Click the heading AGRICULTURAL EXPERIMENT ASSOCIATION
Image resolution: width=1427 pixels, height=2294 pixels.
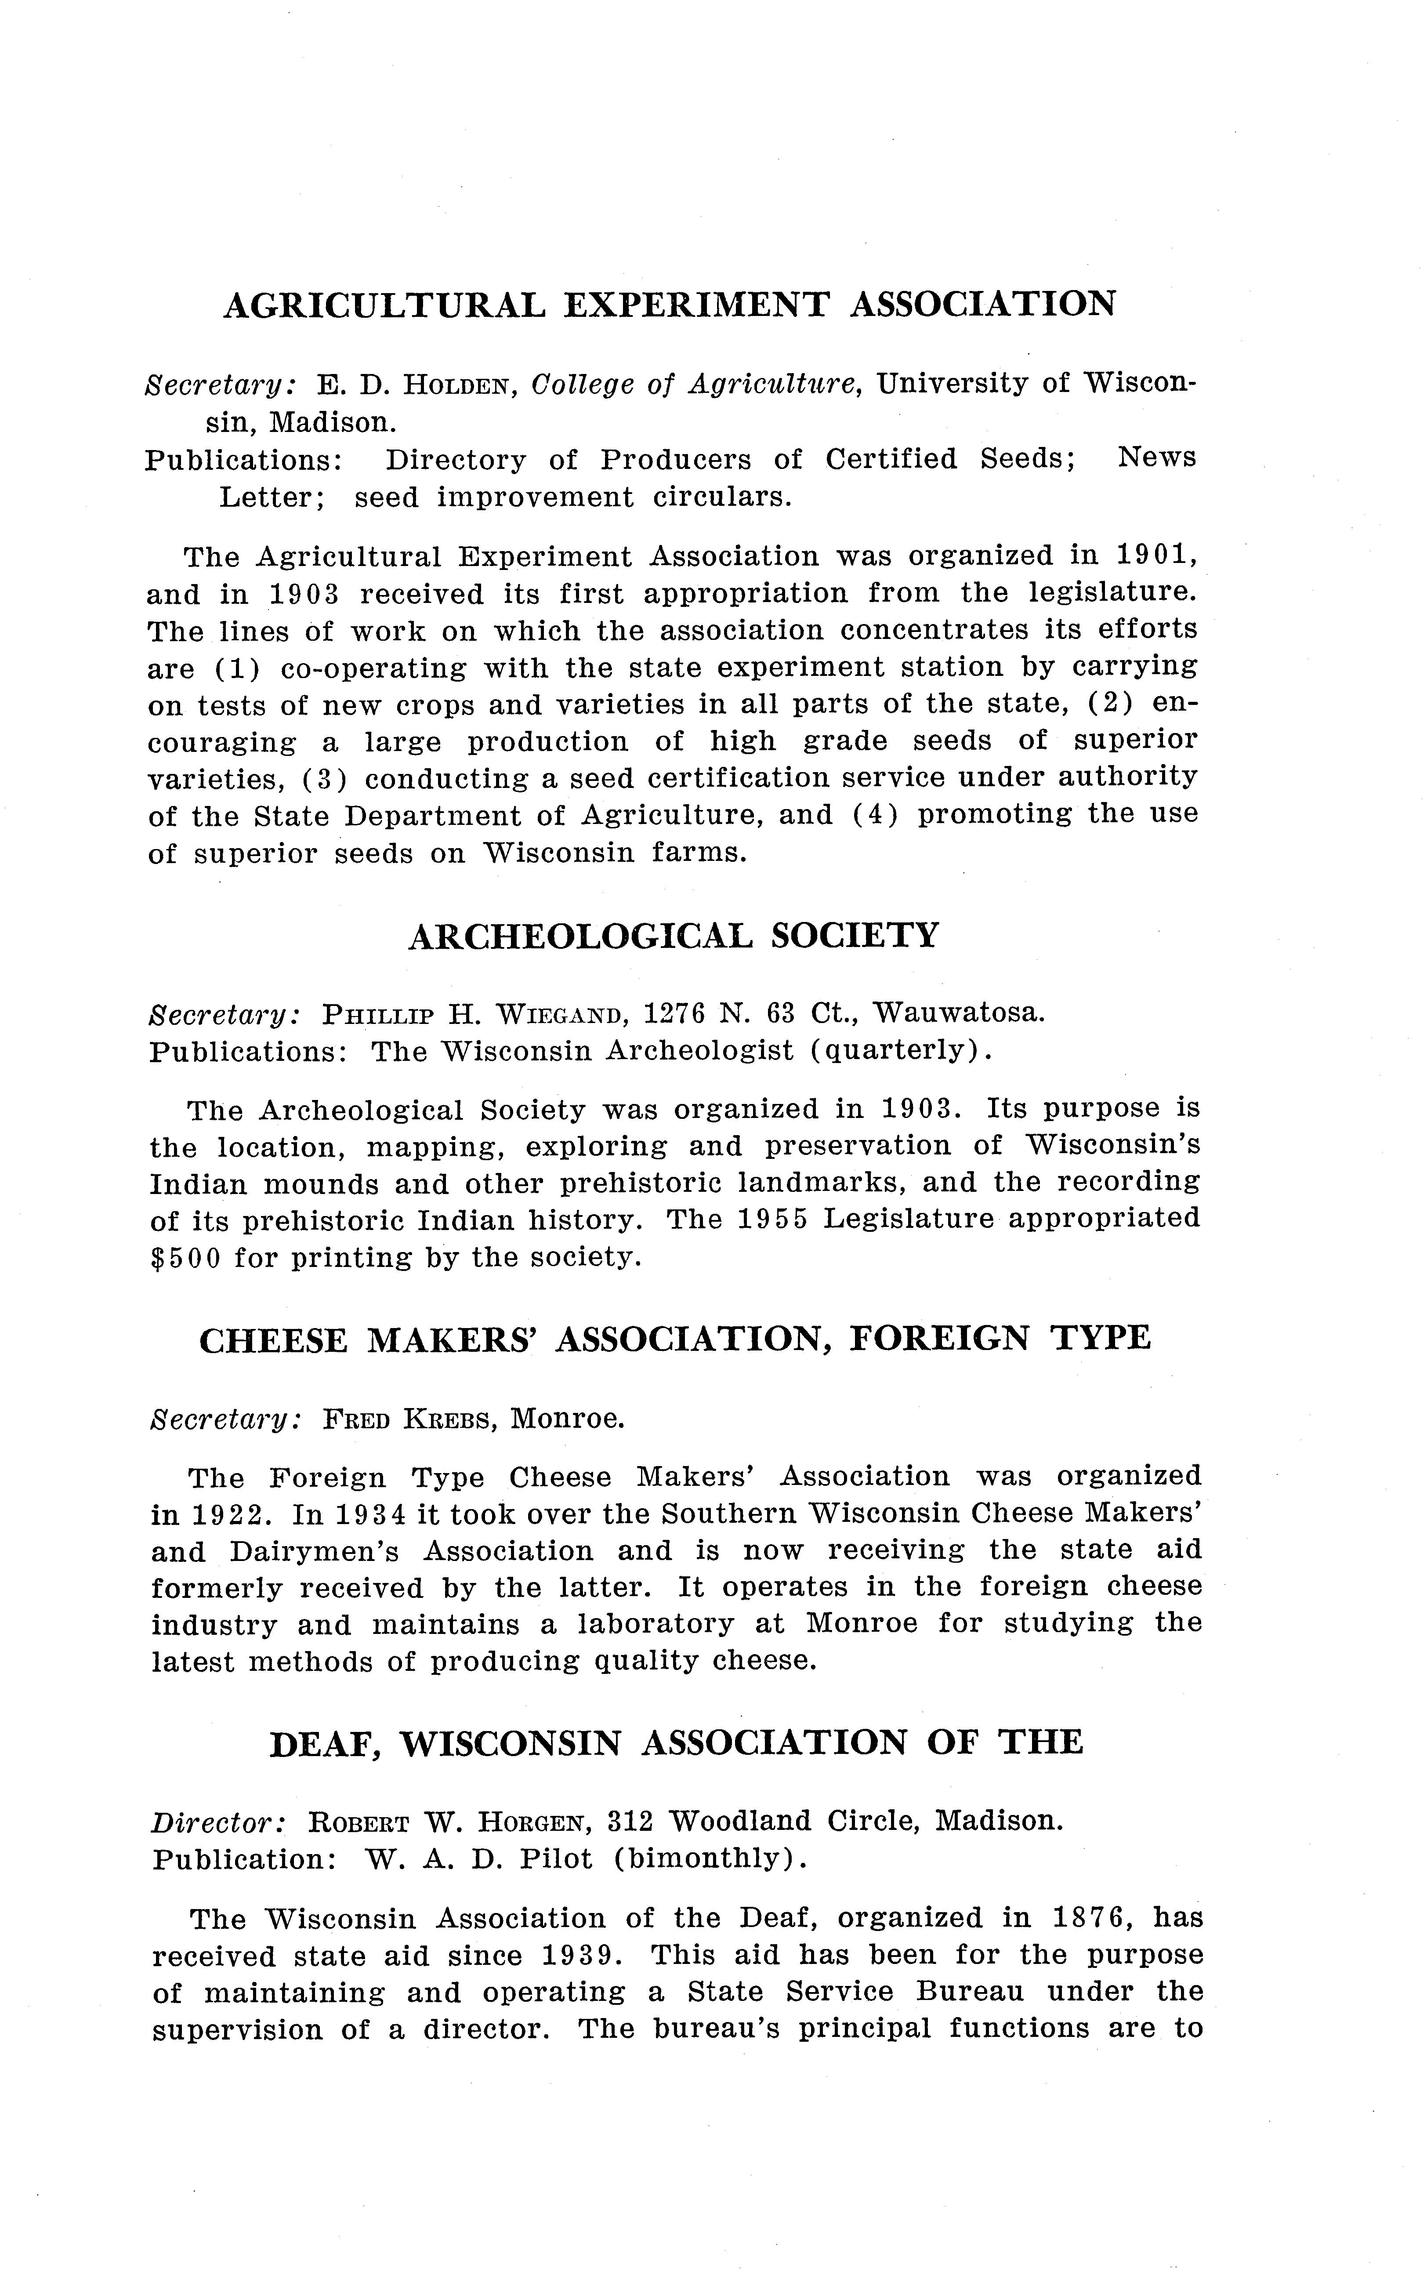coord(668,305)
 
